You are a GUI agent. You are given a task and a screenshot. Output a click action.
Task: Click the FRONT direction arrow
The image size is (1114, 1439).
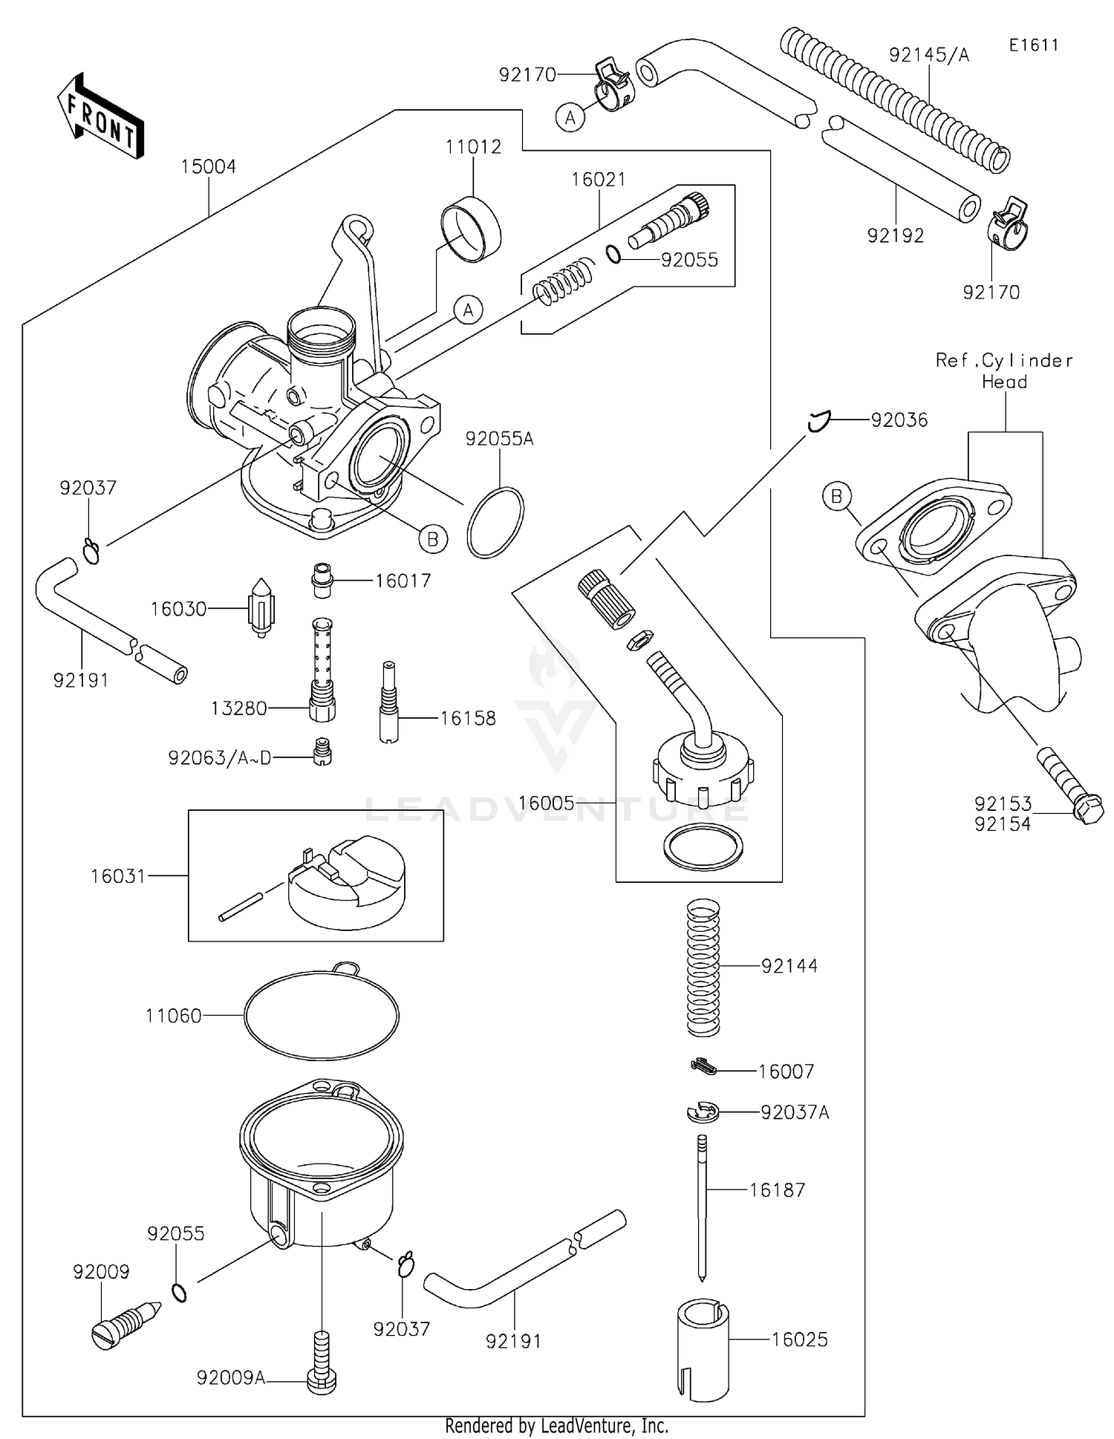click(x=100, y=117)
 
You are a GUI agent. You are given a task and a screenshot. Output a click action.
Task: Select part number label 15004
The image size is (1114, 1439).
click(x=209, y=166)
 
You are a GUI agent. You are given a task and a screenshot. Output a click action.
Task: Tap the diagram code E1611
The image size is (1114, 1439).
click(x=1033, y=45)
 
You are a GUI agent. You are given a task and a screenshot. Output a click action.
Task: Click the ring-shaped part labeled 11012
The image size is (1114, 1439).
click(x=471, y=229)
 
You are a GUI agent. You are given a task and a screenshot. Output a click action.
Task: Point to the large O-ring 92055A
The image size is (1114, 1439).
click(x=495, y=522)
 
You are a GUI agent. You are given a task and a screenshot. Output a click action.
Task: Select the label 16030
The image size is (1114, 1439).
click(x=178, y=609)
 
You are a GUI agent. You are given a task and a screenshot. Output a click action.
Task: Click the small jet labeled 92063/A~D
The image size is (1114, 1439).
click(x=322, y=751)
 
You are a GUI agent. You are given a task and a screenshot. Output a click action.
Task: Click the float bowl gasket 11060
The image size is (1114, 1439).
click(x=321, y=1014)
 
